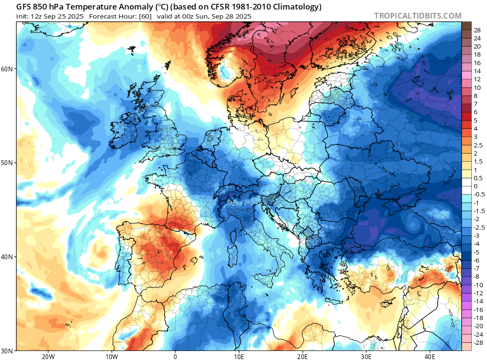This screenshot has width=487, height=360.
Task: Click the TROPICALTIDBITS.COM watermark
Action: [418, 16]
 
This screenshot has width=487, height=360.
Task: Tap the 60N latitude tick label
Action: [7, 69]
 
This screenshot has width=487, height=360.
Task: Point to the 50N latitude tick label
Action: [7, 163]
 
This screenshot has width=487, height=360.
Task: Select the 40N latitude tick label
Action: [7, 257]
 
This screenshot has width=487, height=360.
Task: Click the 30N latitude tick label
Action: [7, 350]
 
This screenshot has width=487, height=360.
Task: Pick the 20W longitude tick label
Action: [48, 356]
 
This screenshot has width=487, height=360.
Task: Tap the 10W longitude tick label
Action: [111, 356]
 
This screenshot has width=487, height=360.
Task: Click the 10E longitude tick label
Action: [239, 356]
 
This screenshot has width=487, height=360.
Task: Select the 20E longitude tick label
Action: [302, 356]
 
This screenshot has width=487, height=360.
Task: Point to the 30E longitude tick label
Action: [366, 356]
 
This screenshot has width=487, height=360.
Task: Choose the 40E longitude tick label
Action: [430, 356]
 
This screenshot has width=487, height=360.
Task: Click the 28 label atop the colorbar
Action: [477, 30]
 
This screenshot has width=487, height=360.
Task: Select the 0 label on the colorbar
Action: [476, 186]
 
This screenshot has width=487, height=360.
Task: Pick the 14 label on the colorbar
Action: [477, 71]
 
